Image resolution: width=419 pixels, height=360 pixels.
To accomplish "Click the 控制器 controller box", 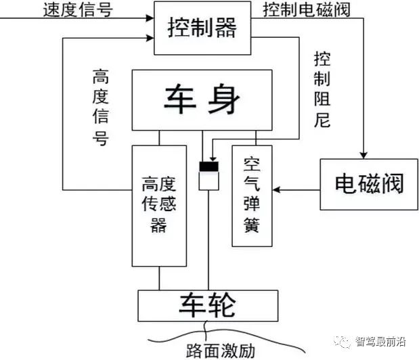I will click(201, 27).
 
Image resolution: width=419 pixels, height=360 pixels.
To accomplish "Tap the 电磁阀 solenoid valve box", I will click(368, 184).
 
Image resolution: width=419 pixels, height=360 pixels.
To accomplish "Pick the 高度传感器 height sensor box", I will click(159, 205).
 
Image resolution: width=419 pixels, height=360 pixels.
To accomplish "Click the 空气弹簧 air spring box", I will click(252, 196).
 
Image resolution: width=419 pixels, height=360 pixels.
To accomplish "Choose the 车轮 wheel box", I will click(207, 306).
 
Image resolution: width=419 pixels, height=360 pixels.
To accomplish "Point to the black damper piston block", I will click(208, 166).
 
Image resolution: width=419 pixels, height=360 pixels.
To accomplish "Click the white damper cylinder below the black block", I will click(208, 181).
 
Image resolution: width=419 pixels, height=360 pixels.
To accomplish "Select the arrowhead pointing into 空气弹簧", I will click(278, 190).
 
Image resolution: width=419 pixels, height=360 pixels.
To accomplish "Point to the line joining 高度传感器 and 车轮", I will click(159, 277).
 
